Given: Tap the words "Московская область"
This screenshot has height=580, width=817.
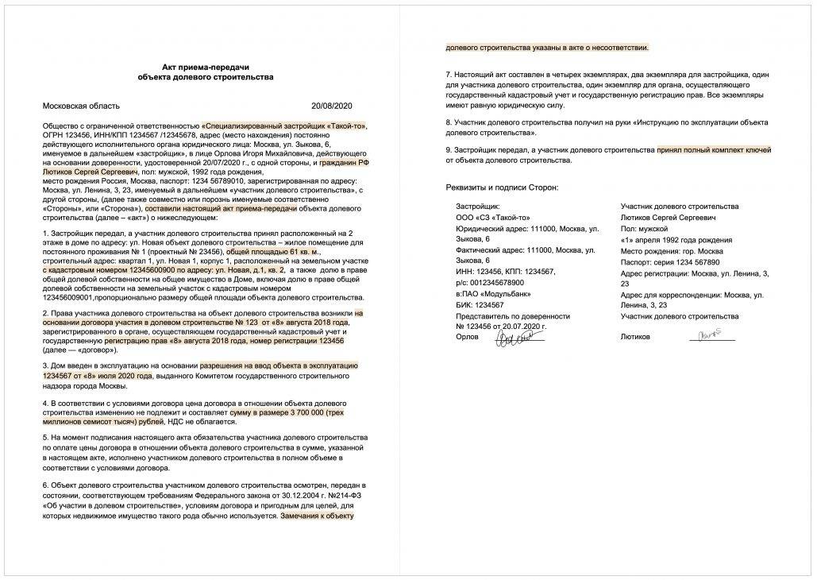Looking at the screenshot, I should coord(81,105).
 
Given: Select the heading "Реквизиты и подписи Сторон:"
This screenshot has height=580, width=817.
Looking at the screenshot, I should coord(502,187).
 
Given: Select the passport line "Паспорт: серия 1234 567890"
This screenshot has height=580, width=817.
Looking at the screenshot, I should coord(670,261).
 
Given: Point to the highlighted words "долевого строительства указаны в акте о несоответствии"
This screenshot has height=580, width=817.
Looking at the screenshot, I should coord(547,48).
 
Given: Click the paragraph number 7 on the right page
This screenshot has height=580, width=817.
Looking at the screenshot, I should coord(448,74).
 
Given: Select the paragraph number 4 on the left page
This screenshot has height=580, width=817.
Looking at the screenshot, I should coord(43,403).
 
